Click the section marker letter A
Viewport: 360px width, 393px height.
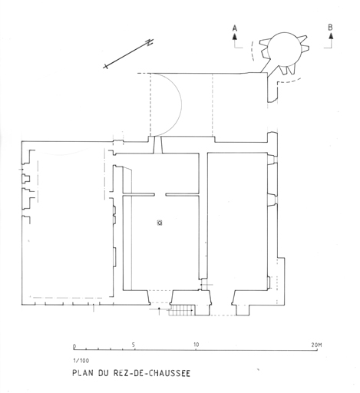pos(235,28)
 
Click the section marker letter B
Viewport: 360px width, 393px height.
pos(330,27)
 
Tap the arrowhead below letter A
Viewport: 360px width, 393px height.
pos(235,36)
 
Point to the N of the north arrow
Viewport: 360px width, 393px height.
pos(149,42)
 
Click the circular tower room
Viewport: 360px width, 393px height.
pos(285,48)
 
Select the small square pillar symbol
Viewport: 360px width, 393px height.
pos(160,223)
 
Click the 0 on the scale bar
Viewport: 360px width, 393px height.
pos(74,346)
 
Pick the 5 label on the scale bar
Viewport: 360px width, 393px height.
pos(134,345)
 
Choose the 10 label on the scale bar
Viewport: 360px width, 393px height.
pos(196,345)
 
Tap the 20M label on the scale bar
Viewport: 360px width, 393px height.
pos(316,345)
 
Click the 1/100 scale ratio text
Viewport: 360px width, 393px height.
pos(81,361)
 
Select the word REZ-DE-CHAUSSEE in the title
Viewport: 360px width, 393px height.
pos(151,373)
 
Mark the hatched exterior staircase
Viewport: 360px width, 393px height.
pos(183,310)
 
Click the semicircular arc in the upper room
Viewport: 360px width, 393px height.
pos(181,104)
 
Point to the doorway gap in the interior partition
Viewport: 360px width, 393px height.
pos(160,195)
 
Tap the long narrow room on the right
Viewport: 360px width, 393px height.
pos(237,221)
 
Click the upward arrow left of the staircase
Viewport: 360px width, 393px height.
pos(159,311)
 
